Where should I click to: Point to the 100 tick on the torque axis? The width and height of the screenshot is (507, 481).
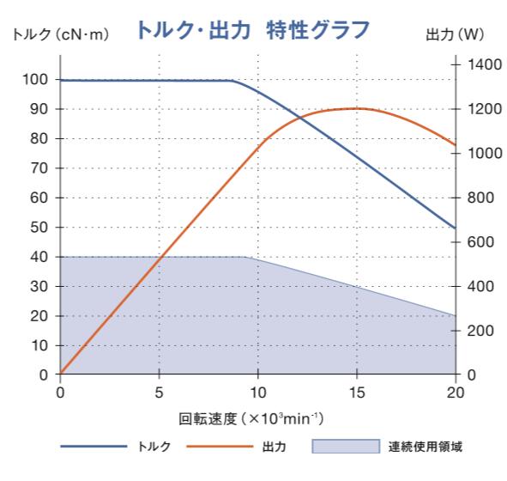34,80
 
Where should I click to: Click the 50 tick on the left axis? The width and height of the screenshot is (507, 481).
38,228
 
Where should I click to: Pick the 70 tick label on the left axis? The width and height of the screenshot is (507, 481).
38,168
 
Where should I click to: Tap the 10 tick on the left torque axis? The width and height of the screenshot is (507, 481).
38,345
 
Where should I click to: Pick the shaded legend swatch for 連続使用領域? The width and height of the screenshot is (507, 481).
344,448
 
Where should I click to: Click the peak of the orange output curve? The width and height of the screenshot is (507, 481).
356,108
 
